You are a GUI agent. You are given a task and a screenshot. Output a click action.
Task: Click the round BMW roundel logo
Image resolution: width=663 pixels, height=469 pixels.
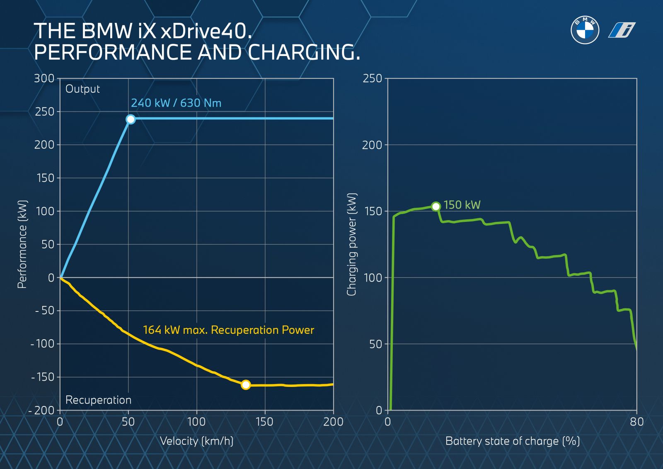585,30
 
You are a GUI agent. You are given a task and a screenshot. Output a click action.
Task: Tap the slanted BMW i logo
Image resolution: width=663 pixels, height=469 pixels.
622,30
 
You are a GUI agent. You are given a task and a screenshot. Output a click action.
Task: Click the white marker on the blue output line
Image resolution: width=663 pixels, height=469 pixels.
131,119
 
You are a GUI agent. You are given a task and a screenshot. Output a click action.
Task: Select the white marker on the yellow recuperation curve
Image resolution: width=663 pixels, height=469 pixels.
246,385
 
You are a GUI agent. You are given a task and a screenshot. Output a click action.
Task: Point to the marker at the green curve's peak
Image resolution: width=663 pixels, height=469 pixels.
436,207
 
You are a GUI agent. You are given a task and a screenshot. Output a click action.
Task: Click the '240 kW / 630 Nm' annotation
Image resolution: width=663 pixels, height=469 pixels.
176,103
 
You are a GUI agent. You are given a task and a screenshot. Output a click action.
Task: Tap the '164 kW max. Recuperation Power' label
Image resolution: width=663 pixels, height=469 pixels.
228,330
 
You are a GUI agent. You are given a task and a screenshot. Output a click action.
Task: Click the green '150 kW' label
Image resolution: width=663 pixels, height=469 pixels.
462,205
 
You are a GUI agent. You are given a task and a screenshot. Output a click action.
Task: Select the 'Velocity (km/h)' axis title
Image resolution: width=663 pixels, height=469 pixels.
196,441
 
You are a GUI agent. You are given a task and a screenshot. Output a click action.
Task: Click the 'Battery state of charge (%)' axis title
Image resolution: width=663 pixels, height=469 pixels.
512,441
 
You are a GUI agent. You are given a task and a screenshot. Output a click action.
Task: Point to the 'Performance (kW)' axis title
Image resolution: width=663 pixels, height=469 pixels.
22,244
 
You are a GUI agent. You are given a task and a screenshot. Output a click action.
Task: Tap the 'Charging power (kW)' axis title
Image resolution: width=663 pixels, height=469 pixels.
352,244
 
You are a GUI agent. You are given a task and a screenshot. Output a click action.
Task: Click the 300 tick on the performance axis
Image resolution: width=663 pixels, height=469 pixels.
44,78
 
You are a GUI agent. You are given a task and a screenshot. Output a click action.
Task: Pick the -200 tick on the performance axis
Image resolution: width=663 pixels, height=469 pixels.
42,410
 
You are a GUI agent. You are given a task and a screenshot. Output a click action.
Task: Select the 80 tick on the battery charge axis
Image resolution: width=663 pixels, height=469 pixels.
636,422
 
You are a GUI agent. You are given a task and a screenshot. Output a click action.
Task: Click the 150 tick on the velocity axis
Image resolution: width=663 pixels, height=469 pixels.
264,422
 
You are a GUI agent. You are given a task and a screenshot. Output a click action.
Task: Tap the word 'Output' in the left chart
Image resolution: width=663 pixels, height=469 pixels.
82,89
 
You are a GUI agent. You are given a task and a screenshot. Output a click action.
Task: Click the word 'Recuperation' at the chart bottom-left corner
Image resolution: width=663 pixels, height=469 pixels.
98,400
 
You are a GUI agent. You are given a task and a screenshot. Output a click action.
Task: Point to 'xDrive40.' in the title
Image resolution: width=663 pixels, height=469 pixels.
206,32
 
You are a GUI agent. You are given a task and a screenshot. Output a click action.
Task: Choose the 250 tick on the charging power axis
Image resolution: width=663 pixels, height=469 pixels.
372,78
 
